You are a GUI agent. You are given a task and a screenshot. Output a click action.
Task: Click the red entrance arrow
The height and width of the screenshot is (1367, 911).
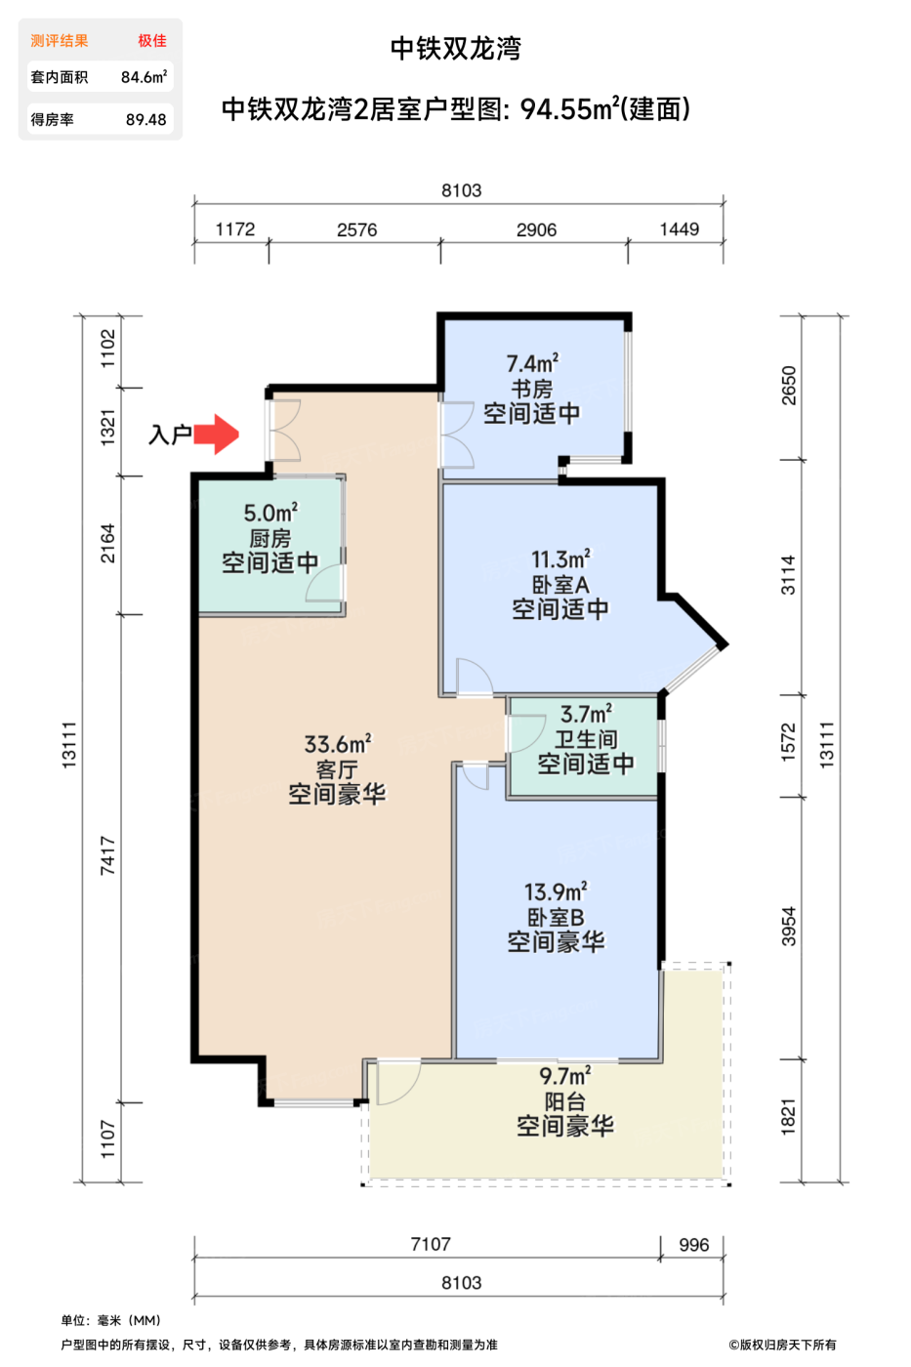coord(217,435)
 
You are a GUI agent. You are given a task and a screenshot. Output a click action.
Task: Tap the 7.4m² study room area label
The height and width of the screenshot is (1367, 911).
coord(532,363)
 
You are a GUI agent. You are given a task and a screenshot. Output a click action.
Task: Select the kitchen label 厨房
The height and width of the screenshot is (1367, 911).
coord(269,538)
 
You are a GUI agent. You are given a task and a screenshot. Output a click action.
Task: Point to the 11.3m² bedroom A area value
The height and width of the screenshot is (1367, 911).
coord(560,559)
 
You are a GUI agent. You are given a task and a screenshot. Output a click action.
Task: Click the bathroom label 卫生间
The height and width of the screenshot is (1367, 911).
coord(586,739)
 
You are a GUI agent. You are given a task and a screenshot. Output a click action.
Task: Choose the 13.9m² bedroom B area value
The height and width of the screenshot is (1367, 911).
coord(556,892)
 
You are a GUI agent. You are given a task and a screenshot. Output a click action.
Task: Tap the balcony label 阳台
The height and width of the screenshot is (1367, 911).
coord(564,1101)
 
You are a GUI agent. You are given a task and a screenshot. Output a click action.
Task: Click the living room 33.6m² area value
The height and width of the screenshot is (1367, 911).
coord(337,745)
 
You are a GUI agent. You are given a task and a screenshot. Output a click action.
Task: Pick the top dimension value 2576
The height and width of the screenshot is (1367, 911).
coord(356,230)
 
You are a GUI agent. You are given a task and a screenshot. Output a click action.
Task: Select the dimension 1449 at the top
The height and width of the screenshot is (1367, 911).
coord(680,229)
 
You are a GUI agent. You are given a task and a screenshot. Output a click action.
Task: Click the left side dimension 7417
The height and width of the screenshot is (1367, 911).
coord(108,855)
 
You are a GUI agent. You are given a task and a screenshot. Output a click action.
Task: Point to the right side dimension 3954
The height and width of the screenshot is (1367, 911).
coord(789,927)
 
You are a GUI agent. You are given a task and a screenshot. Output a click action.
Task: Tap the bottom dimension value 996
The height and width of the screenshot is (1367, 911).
coord(694,1245)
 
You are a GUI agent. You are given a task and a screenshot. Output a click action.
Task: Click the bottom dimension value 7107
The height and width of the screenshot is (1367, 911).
coord(431,1244)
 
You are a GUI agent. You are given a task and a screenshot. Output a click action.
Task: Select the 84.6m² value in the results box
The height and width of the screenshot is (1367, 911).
coord(144,77)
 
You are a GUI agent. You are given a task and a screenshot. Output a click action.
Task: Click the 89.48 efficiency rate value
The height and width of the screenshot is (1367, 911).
coord(145,119)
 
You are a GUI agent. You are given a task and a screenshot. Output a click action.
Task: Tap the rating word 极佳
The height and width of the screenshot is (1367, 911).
coord(151,40)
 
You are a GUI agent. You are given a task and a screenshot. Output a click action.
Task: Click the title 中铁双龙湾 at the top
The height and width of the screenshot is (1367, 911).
coord(455,48)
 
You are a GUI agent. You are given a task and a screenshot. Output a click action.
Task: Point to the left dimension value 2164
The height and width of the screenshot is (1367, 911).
coord(108,544)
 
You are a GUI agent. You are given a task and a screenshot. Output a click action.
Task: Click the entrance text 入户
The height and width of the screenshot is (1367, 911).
coord(169,435)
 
